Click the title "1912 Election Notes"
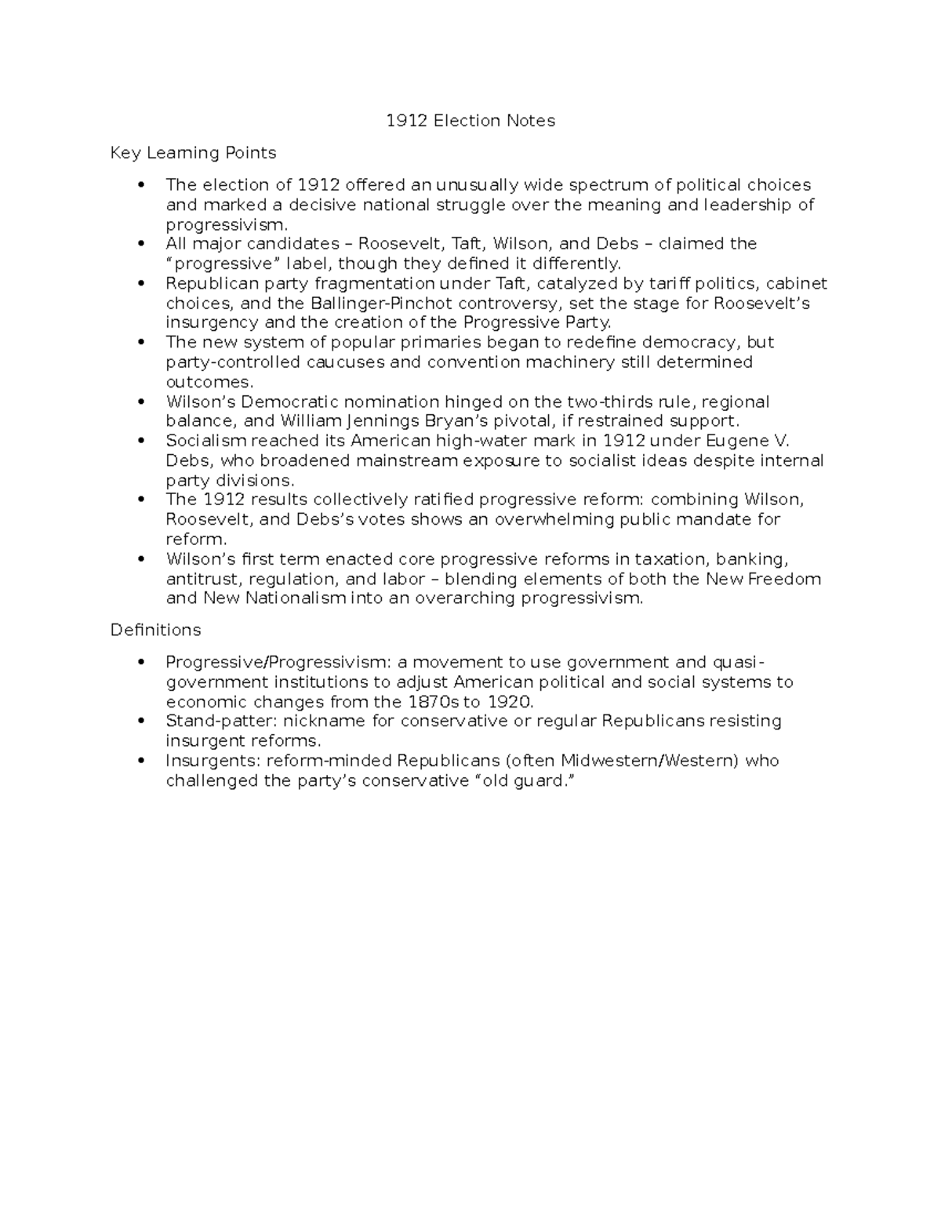[x=470, y=121]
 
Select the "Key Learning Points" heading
[x=193, y=153]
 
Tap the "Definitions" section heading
[x=155, y=630]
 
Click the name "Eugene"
[x=736, y=441]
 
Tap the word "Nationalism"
[x=274, y=598]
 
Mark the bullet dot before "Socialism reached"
[x=141, y=441]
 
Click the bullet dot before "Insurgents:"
[x=141, y=760]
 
